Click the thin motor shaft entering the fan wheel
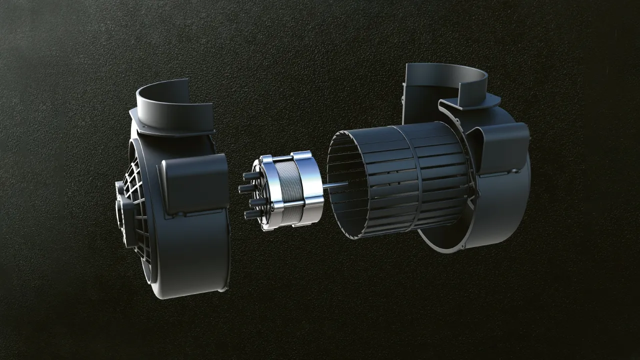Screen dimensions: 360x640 (x=332, y=186)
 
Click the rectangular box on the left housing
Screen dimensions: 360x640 (x=195, y=182)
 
